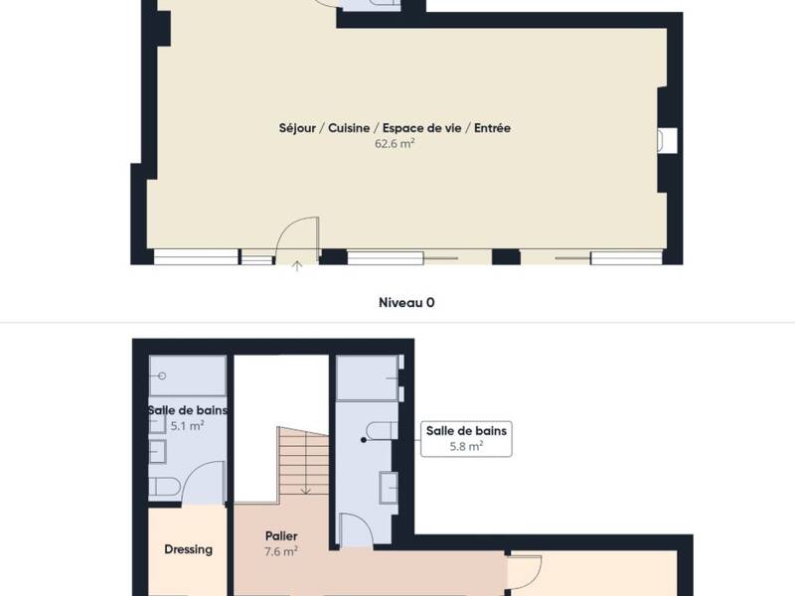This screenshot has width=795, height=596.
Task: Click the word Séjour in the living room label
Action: (297, 128)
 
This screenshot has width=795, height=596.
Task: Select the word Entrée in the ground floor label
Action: (492, 128)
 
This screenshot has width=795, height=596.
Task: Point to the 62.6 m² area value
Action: (395, 143)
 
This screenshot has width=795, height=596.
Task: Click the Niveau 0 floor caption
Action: (406, 302)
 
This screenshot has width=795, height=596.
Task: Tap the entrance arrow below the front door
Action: (296, 265)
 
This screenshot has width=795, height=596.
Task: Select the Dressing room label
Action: (188, 549)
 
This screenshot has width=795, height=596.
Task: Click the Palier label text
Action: (281, 536)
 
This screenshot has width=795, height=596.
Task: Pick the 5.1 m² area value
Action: (187, 425)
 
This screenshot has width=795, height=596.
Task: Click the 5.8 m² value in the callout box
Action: (466, 446)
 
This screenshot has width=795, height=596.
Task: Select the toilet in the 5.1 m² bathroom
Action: (164, 488)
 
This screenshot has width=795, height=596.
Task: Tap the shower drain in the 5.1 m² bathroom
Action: (161, 376)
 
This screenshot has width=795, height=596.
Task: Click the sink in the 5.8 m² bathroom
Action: (390, 487)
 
